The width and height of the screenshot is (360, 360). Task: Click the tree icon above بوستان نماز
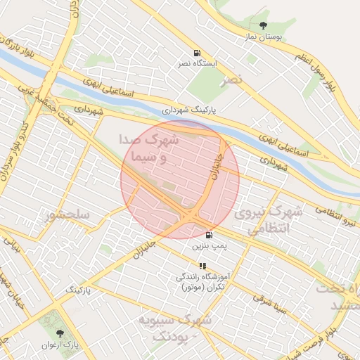pyautogui.click(x=264, y=26)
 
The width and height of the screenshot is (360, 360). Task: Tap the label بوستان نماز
pyautogui.click(x=263, y=37)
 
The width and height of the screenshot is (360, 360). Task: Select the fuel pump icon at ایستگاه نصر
pyautogui.click(x=196, y=53)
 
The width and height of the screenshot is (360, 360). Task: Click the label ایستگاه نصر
pyautogui.click(x=196, y=63)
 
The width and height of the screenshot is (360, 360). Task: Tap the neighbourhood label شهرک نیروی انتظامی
pyautogui.click(x=269, y=219)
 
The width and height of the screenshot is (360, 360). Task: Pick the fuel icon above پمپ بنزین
pyautogui.click(x=209, y=236)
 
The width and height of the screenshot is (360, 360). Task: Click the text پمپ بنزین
pyautogui.click(x=210, y=247)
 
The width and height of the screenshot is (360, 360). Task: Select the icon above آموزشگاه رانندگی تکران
pyautogui.click(x=202, y=266)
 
